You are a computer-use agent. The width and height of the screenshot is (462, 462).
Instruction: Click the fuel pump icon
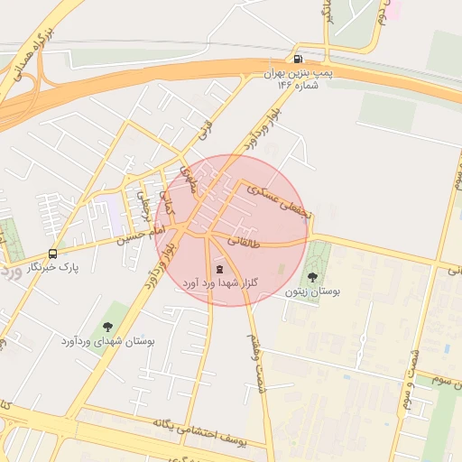[x=298, y=59]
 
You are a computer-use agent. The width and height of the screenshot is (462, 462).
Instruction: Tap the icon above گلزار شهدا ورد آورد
[x=219, y=269]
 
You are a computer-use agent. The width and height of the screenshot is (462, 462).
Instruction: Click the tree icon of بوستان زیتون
[x=312, y=277]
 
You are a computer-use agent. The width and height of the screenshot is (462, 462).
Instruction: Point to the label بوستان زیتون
[x=310, y=292]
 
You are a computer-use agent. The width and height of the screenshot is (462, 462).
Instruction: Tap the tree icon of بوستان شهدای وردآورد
[x=108, y=327]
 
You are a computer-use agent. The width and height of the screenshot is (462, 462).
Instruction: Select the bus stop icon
[x=52, y=254]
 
